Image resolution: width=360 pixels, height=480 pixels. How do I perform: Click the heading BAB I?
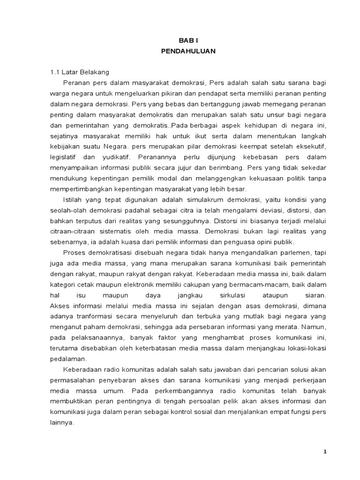point(188,41)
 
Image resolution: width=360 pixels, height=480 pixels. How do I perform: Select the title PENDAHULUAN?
point(188,52)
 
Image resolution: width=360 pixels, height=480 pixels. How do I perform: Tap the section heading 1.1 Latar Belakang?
point(80,72)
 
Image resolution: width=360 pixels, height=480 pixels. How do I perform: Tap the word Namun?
point(315,327)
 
